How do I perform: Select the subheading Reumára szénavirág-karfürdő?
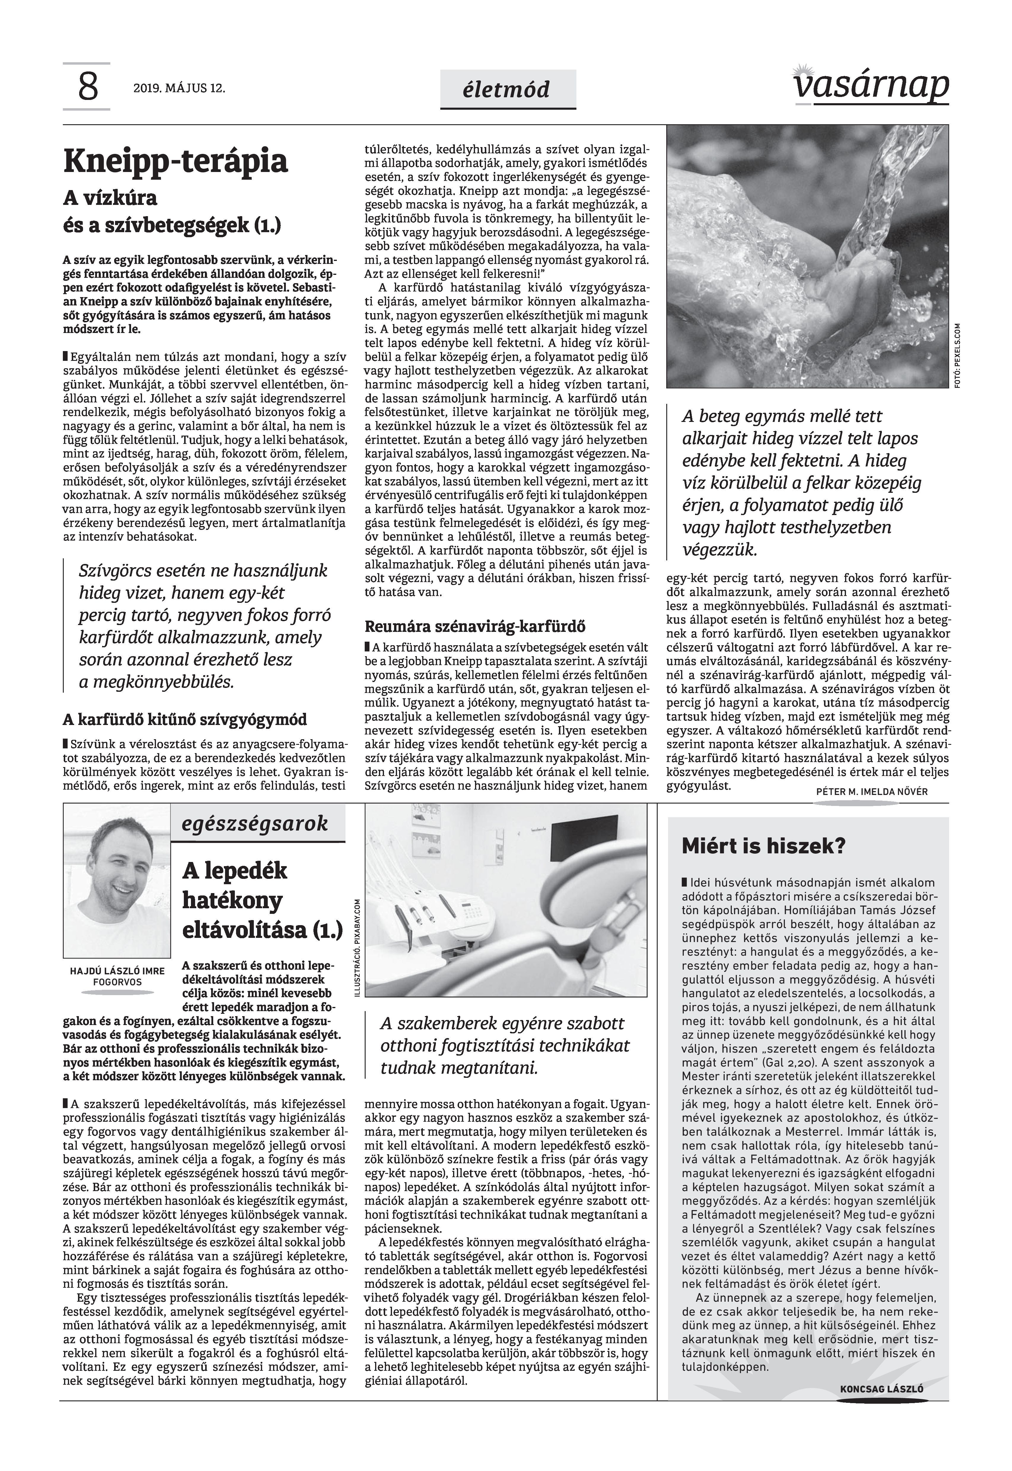(475, 627)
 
